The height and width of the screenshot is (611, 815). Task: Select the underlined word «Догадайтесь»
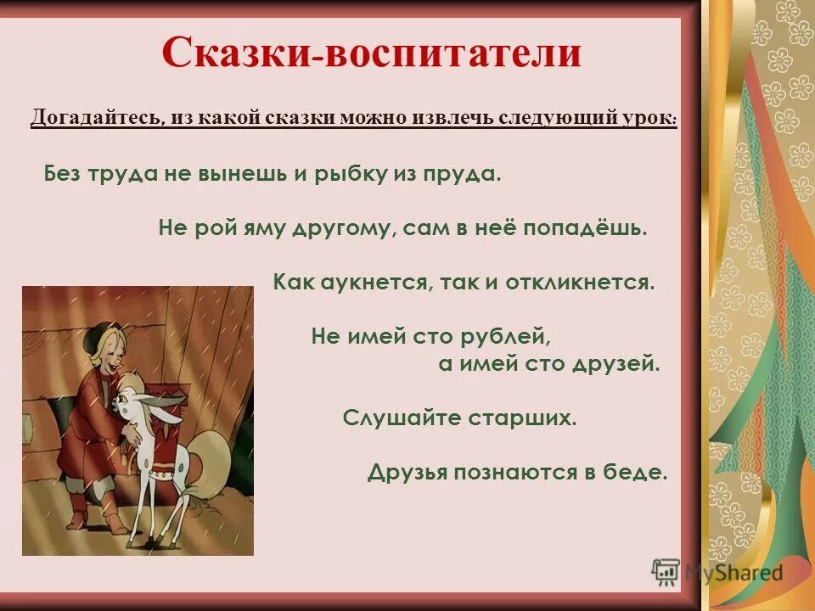[97, 117]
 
